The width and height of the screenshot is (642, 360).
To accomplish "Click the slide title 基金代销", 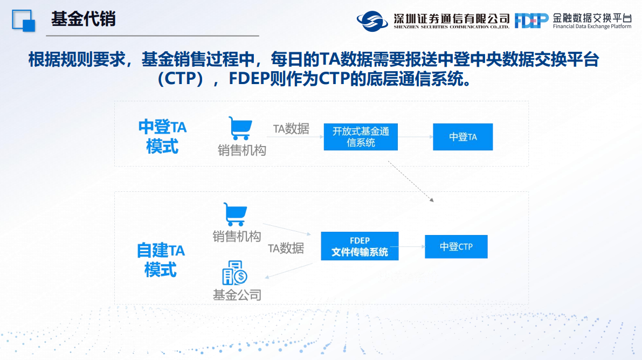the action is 83,19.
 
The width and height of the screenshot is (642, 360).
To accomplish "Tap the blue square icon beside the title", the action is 23,20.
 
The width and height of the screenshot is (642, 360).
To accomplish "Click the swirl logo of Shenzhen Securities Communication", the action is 372,21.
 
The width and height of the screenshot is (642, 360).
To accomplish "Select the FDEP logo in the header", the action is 531,20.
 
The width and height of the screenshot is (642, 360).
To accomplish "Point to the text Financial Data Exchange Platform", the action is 592,26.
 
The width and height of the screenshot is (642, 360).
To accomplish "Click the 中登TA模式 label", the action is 162,136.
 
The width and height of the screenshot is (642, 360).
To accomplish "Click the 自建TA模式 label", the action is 161,260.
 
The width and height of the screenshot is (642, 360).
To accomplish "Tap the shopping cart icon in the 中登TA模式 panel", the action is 240,128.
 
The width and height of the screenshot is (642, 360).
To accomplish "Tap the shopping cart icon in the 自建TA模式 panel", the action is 236,214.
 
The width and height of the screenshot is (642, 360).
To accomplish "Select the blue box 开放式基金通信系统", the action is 361,137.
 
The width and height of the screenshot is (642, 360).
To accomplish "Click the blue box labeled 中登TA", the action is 462,137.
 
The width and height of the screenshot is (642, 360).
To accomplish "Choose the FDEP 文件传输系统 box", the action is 360,246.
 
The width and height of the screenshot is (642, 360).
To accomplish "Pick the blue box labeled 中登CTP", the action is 456,246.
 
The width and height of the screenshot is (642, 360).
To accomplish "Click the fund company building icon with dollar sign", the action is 234,273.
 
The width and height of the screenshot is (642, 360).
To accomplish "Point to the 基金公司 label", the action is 237,295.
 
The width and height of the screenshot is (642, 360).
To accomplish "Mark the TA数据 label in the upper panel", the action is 291,129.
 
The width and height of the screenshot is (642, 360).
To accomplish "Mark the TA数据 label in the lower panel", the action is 286,248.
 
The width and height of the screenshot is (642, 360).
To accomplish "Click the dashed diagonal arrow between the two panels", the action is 411,182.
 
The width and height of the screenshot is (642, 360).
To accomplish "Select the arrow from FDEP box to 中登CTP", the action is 408,246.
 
